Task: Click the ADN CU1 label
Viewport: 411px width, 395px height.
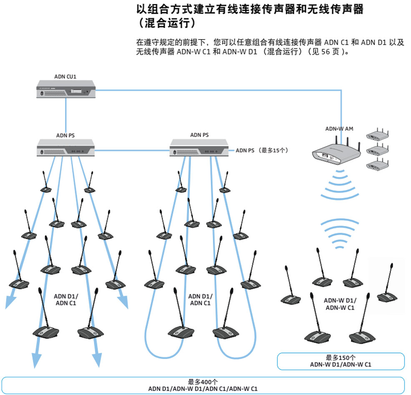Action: pyautogui.click(x=65, y=77)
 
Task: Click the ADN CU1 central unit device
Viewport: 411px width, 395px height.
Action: pyautogui.click(x=65, y=90)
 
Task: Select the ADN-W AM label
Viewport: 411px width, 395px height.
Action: pyautogui.click(x=339, y=129)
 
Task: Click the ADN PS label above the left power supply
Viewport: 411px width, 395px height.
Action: pyautogui.click(x=65, y=135)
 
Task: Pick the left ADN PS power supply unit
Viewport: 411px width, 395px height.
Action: pyautogui.click(x=66, y=149)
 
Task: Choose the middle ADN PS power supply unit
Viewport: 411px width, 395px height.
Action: pyautogui.click(x=199, y=149)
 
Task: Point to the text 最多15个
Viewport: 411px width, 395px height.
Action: pyautogui.click(x=276, y=150)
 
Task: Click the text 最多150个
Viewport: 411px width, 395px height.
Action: pyautogui.click(x=341, y=358)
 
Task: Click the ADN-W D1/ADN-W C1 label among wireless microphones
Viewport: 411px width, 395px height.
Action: pyautogui.click(x=340, y=304)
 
